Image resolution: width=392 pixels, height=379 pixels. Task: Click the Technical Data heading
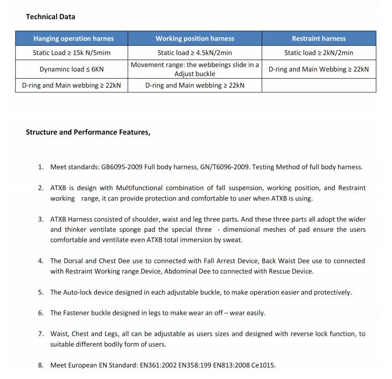50,17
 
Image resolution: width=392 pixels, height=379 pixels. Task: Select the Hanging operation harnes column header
73,38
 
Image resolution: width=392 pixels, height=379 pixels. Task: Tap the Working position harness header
195,38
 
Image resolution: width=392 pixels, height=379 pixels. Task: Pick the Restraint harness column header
319,38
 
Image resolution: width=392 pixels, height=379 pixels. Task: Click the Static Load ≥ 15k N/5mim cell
71,52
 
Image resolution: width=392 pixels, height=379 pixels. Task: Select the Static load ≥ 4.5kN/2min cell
195,52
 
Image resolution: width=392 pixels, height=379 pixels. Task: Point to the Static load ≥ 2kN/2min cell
319,52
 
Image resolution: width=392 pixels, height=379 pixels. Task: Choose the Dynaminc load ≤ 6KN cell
71,69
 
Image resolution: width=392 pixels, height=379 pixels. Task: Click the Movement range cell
195,69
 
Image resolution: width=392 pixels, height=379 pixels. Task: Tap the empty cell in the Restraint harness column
319,85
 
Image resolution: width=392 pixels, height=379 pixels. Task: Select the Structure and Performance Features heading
88,133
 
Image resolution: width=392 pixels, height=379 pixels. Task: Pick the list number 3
41,219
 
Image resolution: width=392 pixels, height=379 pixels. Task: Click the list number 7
41,334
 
